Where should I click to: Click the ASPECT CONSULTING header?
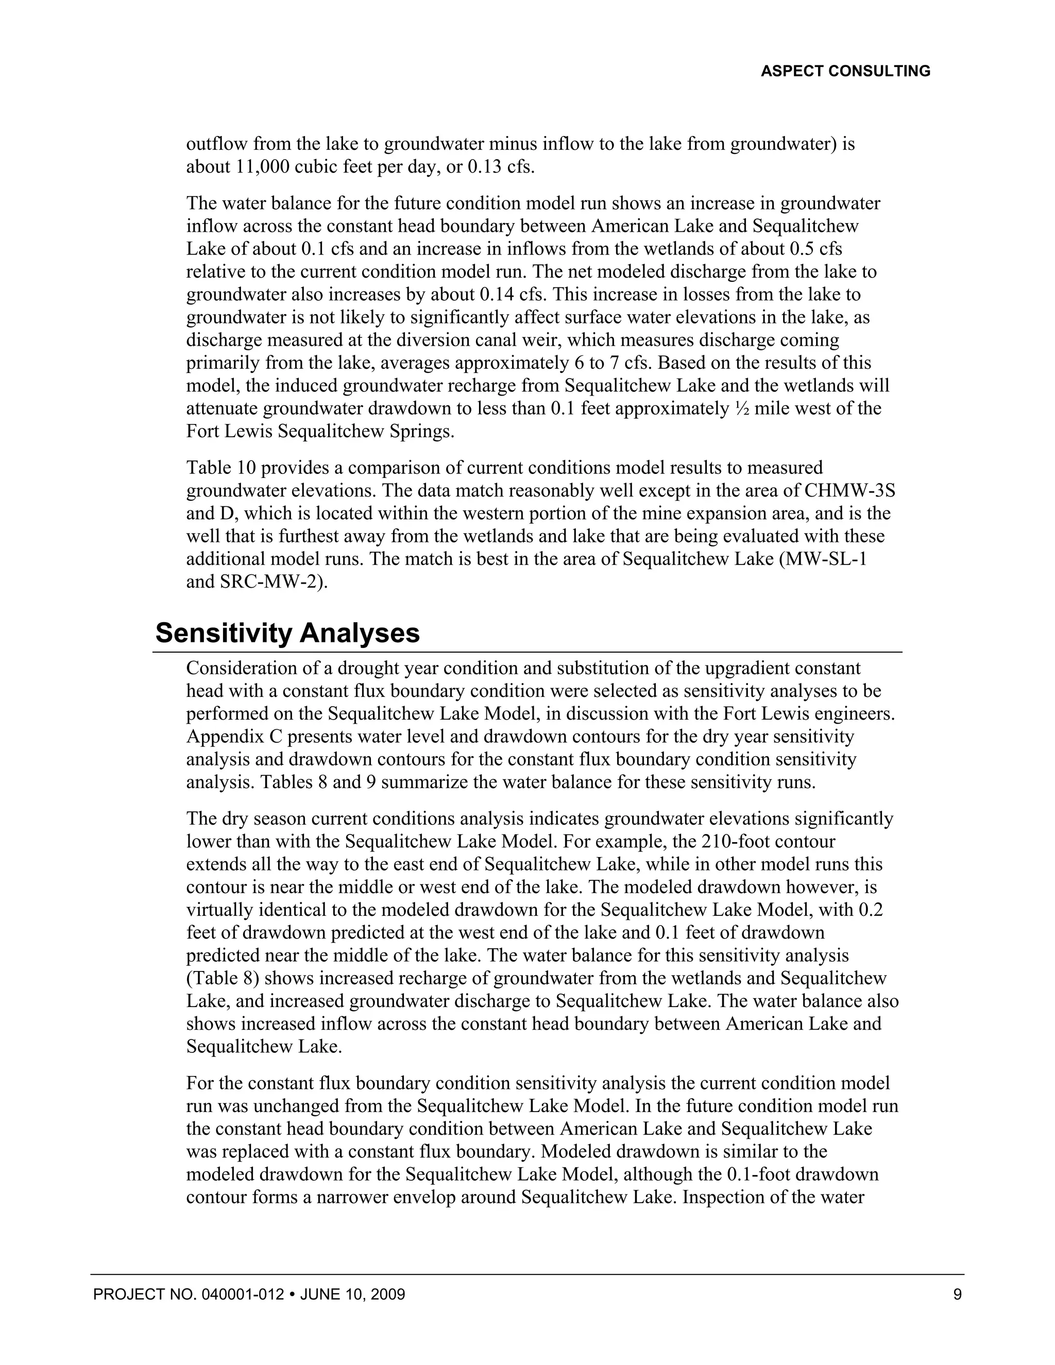(x=845, y=71)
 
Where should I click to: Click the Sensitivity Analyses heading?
(x=287, y=633)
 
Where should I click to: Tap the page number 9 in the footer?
(x=957, y=1294)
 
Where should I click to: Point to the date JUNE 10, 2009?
(x=352, y=1294)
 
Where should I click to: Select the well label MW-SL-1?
(x=832, y=559)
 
